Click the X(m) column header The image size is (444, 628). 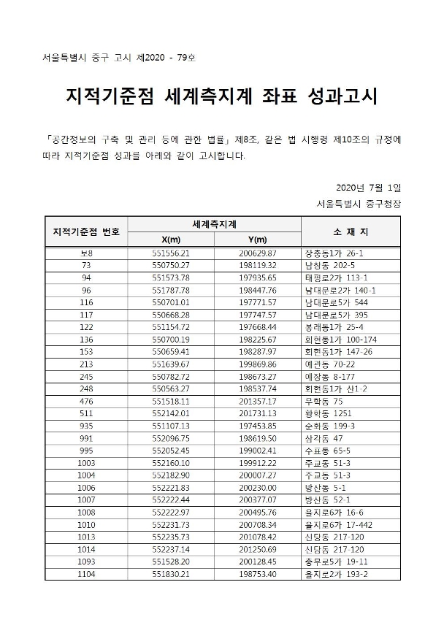click(170, 239)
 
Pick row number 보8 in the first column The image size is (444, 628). click(87, 253)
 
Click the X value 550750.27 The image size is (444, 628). click(171, 265)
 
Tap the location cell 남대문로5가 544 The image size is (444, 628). click(336, 302)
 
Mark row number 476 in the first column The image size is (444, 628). click(87, 401)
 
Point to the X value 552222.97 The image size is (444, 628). click(171, 512)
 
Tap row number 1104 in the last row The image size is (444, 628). click(87, 575)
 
